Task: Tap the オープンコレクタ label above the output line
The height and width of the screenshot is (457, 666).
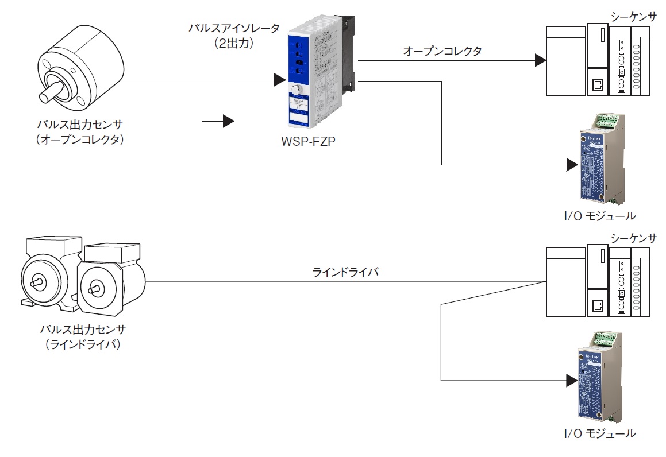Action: tap(442, 51)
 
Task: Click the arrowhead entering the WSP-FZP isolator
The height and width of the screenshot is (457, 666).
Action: tap(280, 80)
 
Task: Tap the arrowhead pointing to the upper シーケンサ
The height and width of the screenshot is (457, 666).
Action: tap(538, 60)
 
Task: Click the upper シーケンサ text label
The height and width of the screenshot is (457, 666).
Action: tap(633, 17)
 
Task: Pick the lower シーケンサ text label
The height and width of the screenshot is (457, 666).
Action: tap(633, 238)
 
